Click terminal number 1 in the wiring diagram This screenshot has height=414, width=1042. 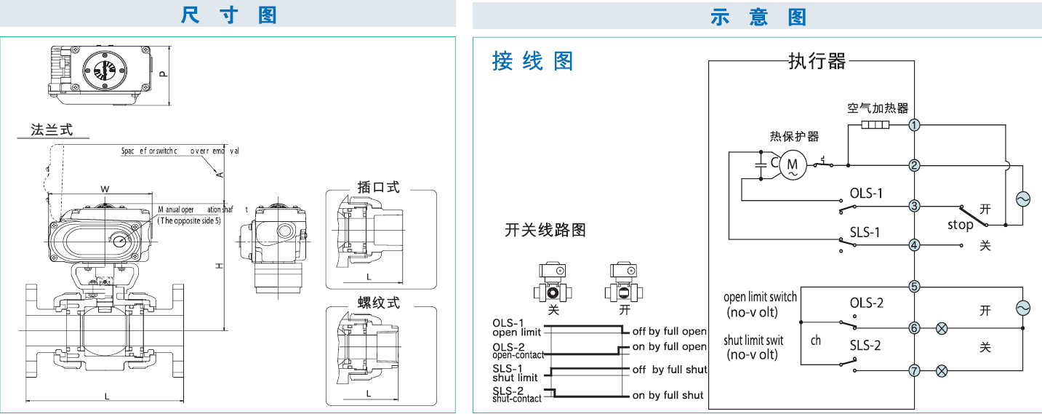(915, 125)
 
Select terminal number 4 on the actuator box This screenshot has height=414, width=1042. (915, 245)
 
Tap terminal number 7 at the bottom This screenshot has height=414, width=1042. (915, 371)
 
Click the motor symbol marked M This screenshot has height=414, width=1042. (793, 165)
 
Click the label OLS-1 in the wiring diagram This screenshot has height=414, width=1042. (866, 194)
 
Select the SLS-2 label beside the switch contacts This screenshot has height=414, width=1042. (865, 345)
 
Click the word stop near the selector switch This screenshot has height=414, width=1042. (960, 225)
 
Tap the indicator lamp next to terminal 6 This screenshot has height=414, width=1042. (942, 328)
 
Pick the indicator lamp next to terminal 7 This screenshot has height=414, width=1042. (942, 371)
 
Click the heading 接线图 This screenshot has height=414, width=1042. (533, 61)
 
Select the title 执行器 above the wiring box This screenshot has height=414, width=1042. (817, 62)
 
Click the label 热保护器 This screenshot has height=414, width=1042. (794, 137)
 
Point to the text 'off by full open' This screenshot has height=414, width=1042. (669, 332)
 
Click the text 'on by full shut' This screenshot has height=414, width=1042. (668, 395)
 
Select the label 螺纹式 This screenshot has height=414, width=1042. (379, 302)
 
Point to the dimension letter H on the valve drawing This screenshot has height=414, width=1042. (218, 267)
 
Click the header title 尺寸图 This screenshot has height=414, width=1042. (229, 15)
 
